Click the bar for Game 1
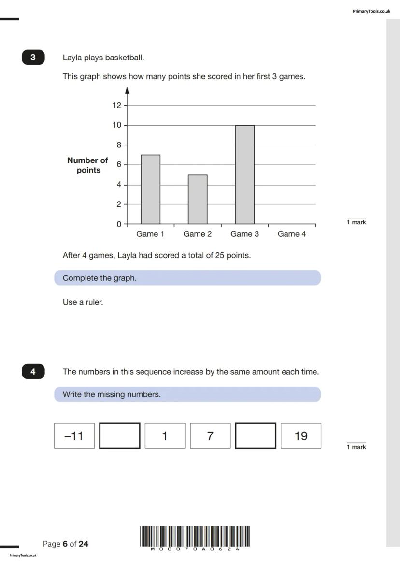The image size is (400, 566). pyautogui.click(x=150, y=189)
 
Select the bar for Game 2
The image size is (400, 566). pyautogui.click(x=198, y=200)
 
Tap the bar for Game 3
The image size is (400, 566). pyautogui.click(x=244, y=175)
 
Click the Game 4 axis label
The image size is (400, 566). pyautogui.click(x=292, y=234)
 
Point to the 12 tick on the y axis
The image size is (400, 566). pyautogui.click(x=117, y=106)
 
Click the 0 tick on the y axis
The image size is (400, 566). pyautogui.click(x=119, y=224)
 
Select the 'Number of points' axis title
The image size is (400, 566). pyautogui.click(x=88, y=165)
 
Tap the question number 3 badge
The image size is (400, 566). pyautogui.click(x=33, y=58)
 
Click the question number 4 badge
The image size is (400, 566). pyautogui.click(x=33, y=372)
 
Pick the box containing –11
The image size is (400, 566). pyautogui.click(x=74, y=436)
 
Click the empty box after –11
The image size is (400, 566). pyautogui.click(x=120, y=436)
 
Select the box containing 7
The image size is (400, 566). pyautogui.click(x=210, y=436)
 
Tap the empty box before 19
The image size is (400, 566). pyautogui.click(x=256, y=436)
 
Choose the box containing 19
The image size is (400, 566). pyautogui.click(x=301, y=436)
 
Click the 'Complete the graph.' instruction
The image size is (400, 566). pyautogui.click(x=100, y=278)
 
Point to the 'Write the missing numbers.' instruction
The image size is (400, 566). pyautogui.click(x=112, y=394)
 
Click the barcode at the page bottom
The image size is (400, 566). pyautogui.click(x=195, y=536)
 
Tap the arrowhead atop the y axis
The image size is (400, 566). pyautogui.click(x=127, y=90)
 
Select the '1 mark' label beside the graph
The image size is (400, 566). pyautogui.click(x=357, y=222)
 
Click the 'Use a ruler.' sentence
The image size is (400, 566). pyautogui.click(x=83, y=302)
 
